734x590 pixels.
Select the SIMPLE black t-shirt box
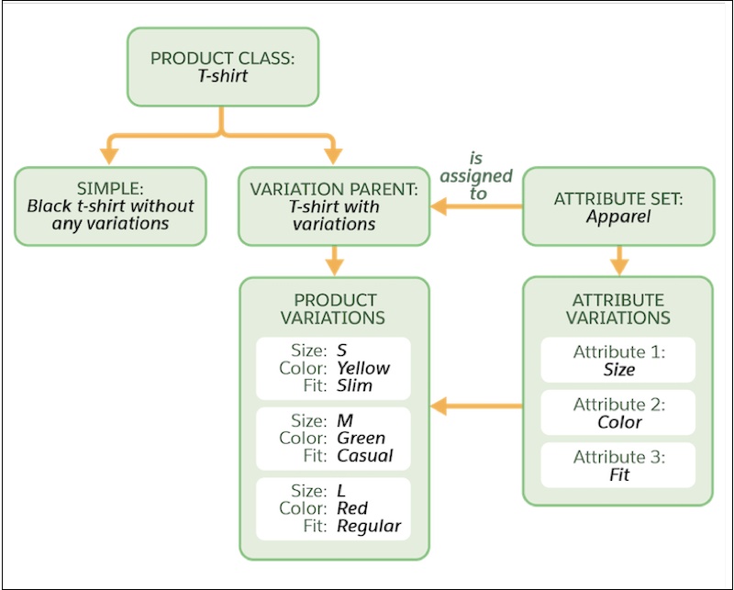tap(110, 206)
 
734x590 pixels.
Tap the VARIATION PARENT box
tap(333, 206)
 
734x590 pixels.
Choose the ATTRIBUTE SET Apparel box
tap(618, 206)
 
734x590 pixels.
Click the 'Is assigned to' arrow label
tap(477, 174)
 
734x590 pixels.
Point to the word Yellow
tap(363, 368)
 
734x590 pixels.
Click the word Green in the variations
tap(361, 439)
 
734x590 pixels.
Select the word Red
tap(352, 508)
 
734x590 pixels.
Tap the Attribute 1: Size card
tap(618, 361)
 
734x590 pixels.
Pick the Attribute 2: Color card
tap(618, 413)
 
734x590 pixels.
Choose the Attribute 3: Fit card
tap(618, 466)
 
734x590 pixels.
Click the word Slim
tap(354, 385)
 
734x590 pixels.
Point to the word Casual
tap(364, 456)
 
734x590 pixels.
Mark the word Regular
tap(369, 526)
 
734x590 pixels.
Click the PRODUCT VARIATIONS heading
tap(334, 309)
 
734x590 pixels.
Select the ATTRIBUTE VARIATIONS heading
tap(618, 309)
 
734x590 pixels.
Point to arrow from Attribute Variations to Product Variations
tap(477, 404)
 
